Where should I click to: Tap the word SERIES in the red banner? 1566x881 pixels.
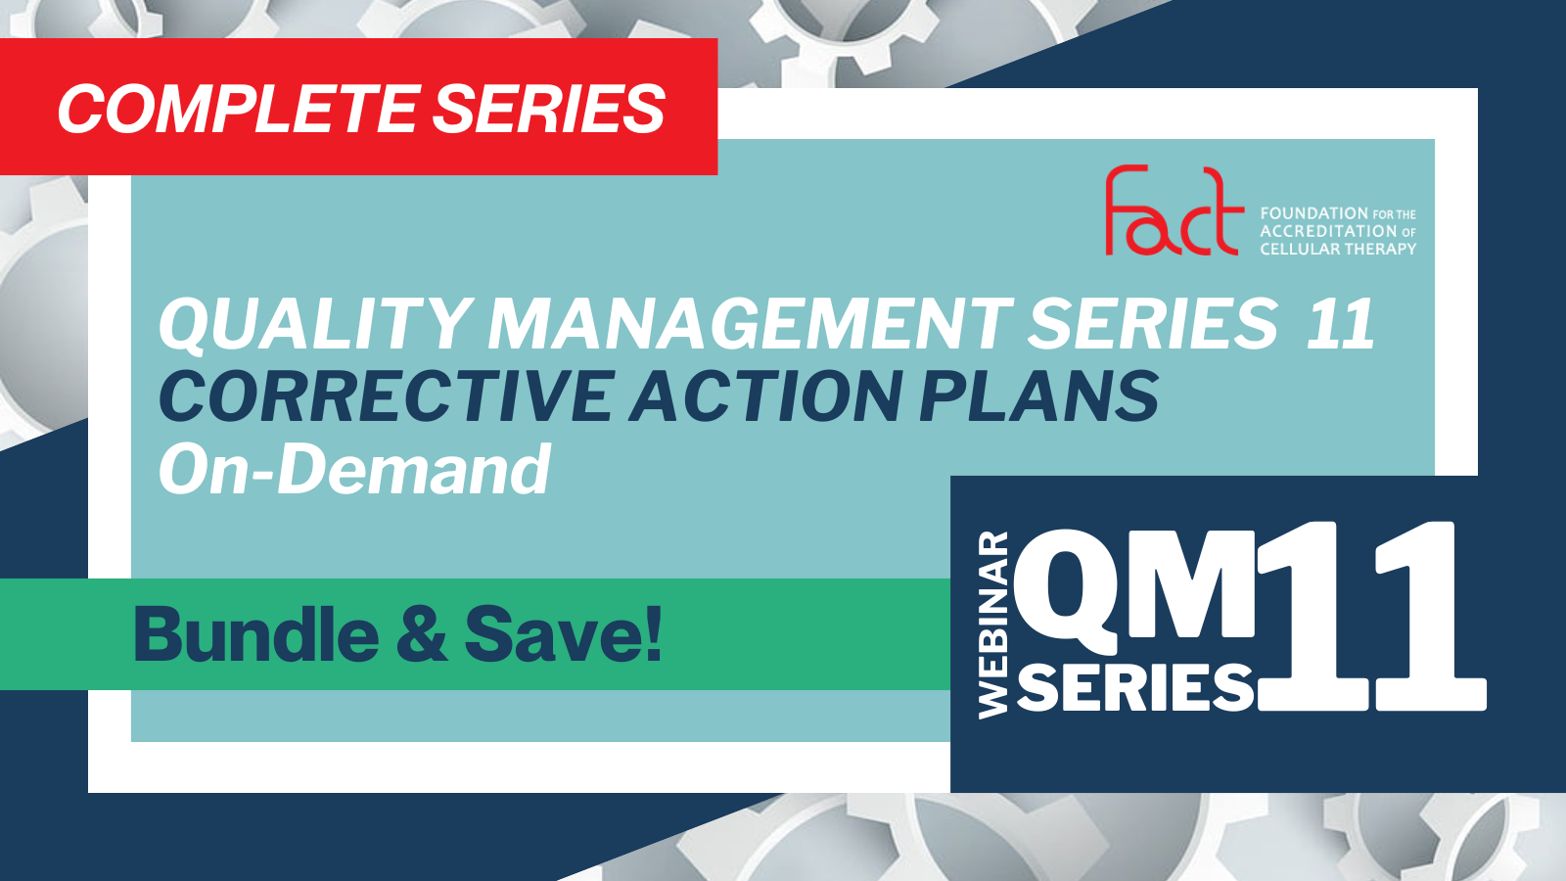click(x=549, y=109)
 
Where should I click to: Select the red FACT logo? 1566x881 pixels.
click(x=1174, y=209)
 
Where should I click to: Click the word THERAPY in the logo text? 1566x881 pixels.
click(x=1377, y=249)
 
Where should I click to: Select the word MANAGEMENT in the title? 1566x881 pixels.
click(x=750, y=324)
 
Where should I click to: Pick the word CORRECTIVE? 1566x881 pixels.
click(x=387, y=395)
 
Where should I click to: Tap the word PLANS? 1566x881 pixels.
click(x=1038, y=395)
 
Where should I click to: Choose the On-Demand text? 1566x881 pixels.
click(x=355, y=469)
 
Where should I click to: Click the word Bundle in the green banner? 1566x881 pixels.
click(x=255, y=634)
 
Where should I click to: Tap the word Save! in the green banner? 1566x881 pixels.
click(x=563, y=634)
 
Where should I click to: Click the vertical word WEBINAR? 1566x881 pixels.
click(x=993, y=626)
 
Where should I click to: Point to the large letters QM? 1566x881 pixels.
click(x=1134, y=586)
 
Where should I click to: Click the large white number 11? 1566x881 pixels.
click(x=1371, y=617)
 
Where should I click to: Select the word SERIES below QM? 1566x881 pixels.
click(x=1135, y=686)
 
